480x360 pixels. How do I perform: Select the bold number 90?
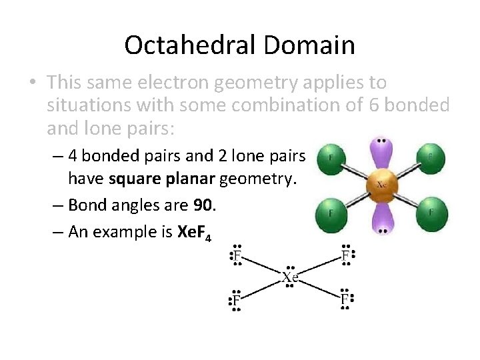(203, 206)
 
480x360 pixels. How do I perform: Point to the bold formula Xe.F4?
(194, 233)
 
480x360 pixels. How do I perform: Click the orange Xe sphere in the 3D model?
(382, 185)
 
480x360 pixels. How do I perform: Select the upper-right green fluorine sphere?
(430, 158)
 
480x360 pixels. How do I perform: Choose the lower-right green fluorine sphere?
(431, 213)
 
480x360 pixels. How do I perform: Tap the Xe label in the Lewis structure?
(289, 277)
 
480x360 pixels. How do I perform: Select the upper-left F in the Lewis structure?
(235, 255)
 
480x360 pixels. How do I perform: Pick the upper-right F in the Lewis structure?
(345, 255)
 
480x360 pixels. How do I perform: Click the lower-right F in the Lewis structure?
(345, 299)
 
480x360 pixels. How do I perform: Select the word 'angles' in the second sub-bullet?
(131, 206)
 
